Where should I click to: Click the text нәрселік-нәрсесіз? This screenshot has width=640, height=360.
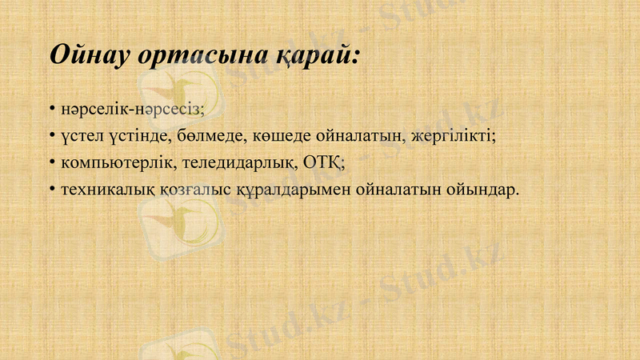click(x=132, y=106)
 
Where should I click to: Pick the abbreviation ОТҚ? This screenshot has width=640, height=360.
click(x=326, y=162)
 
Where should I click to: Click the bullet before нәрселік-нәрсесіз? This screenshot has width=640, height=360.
click(x=51, y=106)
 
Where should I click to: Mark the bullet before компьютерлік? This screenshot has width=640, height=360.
click(x=51, y=162)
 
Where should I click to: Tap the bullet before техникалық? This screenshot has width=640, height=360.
click(x=51, y=190)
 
